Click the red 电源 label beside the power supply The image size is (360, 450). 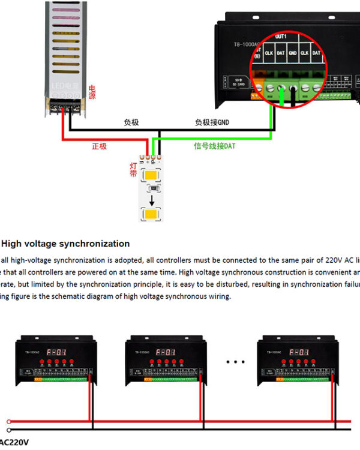tap(92, 92)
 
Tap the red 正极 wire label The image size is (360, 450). tap(99, 146)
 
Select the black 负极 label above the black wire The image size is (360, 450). tap(131, 122)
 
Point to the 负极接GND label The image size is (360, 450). tap(212, 122)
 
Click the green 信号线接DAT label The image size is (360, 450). tap(214, 146)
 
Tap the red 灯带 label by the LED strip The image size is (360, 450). tap(133, 169)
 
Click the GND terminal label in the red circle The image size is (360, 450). tap(292, 53)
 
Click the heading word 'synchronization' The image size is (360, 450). tap(94, 244)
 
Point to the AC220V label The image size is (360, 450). tap(14, 442)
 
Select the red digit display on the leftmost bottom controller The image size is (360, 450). tap(58, 352)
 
